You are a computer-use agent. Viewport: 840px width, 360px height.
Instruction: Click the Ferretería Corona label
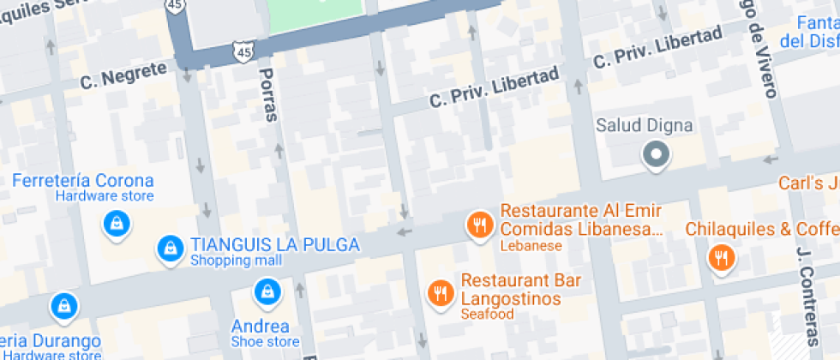click(x=83, y=181)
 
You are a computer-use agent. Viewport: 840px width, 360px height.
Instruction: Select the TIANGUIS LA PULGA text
click(x=274, y=245)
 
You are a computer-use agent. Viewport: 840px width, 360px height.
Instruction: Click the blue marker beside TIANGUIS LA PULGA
click(x=171, y=249)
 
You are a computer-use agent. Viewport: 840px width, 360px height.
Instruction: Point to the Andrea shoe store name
click(x=260, y=327)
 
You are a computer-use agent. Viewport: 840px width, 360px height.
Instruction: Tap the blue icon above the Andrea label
click(x=267, y=291)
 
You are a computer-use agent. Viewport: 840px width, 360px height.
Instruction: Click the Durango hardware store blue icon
click(x=63, y=304)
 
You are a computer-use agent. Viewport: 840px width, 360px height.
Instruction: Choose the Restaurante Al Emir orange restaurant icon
click(x=478, y=225)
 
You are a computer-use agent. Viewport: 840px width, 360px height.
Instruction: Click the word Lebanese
click(x=531, y=246)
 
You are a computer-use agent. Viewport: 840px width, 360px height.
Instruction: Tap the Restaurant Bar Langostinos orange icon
click(x=441, y=293)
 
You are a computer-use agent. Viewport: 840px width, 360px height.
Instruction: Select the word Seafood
click(x=487, y=315)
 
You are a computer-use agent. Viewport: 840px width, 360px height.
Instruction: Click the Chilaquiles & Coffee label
click(x=762, y=229)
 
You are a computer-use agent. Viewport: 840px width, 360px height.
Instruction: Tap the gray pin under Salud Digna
click(x=657, y=154)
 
